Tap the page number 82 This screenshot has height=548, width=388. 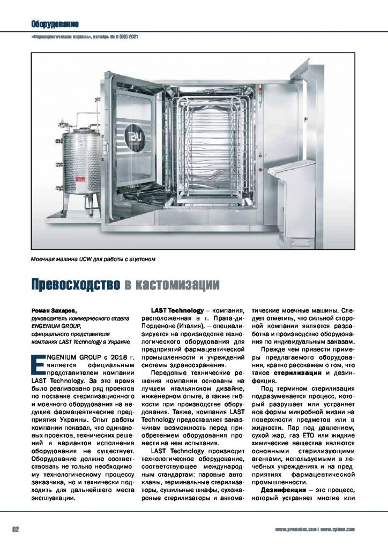(x=16, y=529)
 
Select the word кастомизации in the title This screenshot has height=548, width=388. (x=176, y=284)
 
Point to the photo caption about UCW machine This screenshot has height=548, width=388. (x=94, y=260)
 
